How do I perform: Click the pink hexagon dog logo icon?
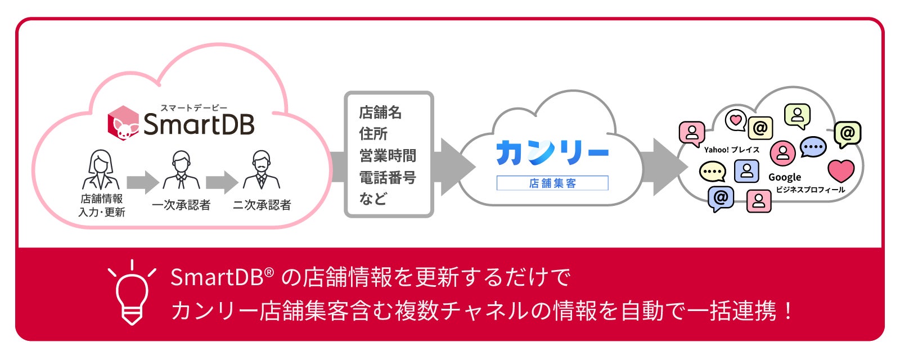(123, 123)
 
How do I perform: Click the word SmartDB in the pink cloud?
(199, 124)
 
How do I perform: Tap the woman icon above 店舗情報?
(101, 170)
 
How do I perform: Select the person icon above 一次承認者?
(181, 170)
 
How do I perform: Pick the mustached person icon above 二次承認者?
(261, 170)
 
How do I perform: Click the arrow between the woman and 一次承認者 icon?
(142, 182)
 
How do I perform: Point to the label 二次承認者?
(262, 205)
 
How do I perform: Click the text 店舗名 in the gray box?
(380, 112)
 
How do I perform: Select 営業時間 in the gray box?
(388, 156)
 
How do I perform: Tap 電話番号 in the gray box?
(388, 178)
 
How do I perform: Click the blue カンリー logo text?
(552, 152)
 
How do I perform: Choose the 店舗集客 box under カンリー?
(552, 183)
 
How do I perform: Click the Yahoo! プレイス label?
(731, 150)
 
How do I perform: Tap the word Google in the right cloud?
(784, 177)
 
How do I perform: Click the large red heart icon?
(841, 170)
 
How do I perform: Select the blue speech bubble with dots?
(812, 147)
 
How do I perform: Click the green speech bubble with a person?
(797, 116)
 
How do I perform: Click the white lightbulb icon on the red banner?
(132, 292)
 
